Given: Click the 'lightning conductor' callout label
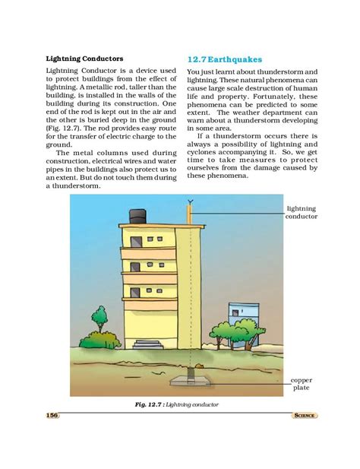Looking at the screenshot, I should tap(301, 211).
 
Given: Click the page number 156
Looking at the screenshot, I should tap(52, 415).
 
